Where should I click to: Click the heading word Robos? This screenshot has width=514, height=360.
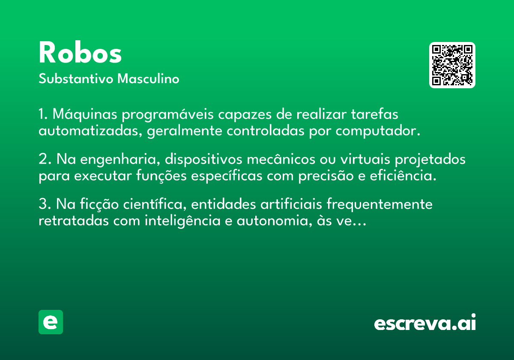pyautogui.click(x=80, y=52)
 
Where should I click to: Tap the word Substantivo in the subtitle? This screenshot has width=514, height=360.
pyautogui.click(x=76, y=78)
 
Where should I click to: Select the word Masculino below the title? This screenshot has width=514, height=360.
pyautogui.click(x=148, y=78)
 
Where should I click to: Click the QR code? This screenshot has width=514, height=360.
pyautogui.click(x=452, y=65)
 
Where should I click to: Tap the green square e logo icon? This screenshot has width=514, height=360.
pyautogui.click(x=51, y=322)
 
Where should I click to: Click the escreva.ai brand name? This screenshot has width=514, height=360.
pyautogui.click(x=425, y=322)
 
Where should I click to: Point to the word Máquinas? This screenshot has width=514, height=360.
pyautogui.click(x=85, y=114)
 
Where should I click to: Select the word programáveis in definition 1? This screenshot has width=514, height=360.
pyautogui.click(x=168, y=114)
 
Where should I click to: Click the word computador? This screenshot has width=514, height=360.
pyautogui.click(x=378, y=131)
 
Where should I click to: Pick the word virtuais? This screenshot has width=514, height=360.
pyautogui.click(x=365, y=159)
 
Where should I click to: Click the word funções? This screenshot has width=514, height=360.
pyautogui.click(x=161, y=176)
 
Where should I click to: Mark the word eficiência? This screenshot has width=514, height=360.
pyautogui.click(x=403, y=176)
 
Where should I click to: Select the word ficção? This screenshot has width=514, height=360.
pyautogui.click(x=99, y=204)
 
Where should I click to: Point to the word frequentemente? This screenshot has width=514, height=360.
pyautogui.click(x=380, y=204)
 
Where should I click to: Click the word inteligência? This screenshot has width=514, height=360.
pyautogui.click(x=182, y=221)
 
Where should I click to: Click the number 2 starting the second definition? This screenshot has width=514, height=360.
pyautogui.click(x=43, y=159)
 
